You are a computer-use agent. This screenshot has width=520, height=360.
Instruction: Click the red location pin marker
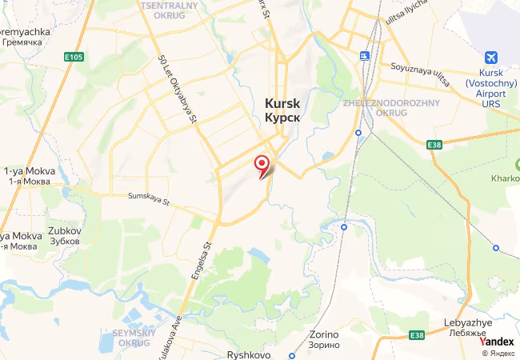pos(262,165)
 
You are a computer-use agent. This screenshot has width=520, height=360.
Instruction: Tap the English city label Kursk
pos(283,102)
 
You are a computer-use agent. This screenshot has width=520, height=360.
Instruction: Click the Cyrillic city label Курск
pos(283,117)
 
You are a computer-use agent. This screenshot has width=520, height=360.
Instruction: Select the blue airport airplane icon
pos(491,58)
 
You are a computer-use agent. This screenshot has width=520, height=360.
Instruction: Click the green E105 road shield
pos(74,57)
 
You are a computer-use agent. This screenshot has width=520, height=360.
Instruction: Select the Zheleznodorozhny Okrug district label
pos(374,107)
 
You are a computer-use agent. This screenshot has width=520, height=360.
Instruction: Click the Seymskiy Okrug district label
pos(132,338)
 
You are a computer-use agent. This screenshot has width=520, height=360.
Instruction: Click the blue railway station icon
pos(365,56)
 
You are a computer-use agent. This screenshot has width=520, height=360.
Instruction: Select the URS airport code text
pos(491,103)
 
